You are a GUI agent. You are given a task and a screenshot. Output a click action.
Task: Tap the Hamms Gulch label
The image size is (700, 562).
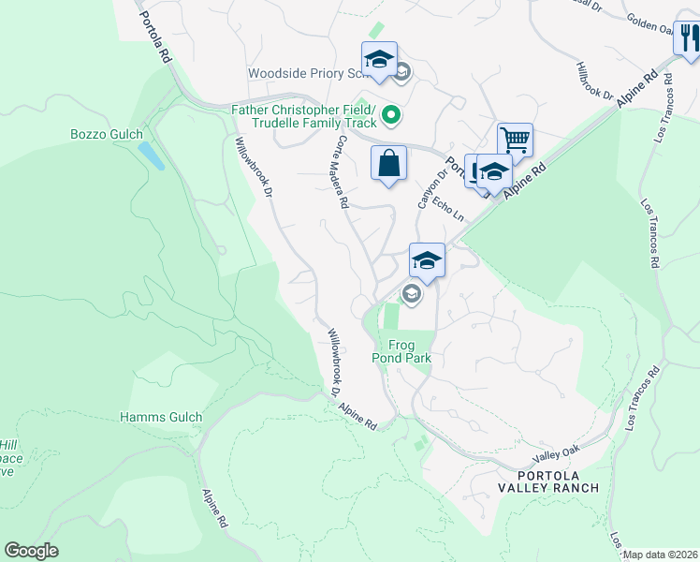pos(161,417)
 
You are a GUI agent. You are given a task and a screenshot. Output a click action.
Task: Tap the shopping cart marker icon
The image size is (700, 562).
pos(515,140)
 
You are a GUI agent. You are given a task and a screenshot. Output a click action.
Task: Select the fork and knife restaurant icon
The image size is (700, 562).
pos(689,39)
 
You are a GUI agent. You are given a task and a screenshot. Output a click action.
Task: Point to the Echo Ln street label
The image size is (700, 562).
pos(452,208)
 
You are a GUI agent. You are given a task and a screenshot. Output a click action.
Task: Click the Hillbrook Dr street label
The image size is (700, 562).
pos(594,82)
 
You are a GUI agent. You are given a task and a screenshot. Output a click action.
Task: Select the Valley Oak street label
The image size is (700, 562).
pos(552,456)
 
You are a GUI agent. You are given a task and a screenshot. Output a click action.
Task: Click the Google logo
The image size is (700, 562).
pos(31,551)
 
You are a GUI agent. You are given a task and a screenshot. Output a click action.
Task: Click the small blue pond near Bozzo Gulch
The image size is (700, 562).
pos(151,155)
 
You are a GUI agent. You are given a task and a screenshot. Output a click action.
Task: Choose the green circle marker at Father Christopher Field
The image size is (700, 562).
pos(391,117)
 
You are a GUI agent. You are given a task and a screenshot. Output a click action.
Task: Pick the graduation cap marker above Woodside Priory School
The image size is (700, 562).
pos(380,60)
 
